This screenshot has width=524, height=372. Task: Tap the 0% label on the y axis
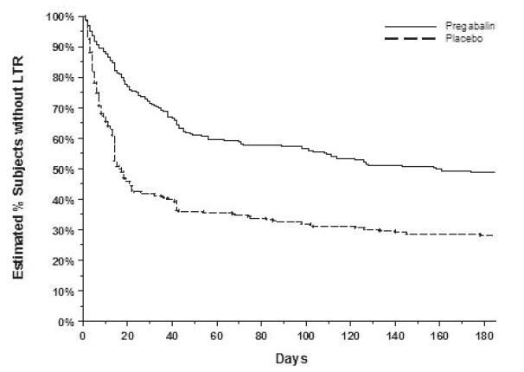[67, 321]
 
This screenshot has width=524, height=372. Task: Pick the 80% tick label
[65, 78]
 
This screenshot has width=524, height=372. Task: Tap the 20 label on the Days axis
[127, 334]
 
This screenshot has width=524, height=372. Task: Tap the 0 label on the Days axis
[82, 334]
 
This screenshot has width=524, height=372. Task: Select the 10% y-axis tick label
[65, 291]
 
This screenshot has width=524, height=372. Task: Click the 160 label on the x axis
[440, 334]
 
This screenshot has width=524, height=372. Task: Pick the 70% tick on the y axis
[65, 108]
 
